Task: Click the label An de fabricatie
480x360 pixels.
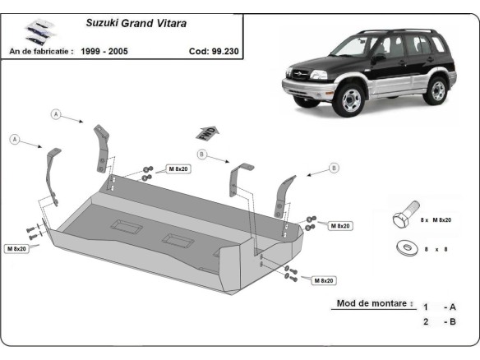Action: click(x=40, y=51)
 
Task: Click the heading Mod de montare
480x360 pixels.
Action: click(x=372, y=303)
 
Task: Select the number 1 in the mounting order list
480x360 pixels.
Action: click(x=426, y=307)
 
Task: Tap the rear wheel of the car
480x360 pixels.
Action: click(x=439, y=89)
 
